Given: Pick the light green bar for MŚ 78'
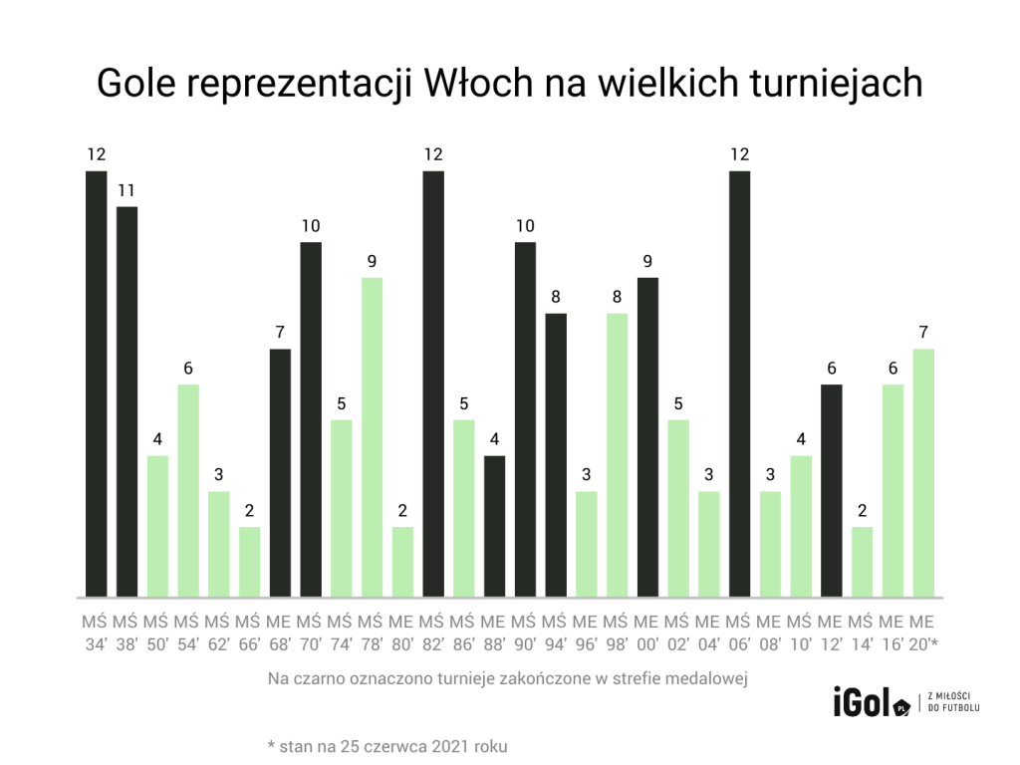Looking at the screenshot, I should (x=372, y=438).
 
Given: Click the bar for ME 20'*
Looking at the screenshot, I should (x=923, y=473).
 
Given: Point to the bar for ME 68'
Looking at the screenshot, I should (x=280, y=473).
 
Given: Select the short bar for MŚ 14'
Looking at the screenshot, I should (x=863, y=563).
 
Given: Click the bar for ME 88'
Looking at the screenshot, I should (x=494, y=527).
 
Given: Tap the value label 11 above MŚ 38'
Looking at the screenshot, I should (x=127, y=190).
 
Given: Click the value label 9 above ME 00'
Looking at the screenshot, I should (x=647, y=262).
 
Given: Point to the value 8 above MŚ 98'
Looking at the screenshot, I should (x=618, y=297).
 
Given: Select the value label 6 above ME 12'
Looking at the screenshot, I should (x=832, y=369).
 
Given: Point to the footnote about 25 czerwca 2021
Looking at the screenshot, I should (x=393, y=745).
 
